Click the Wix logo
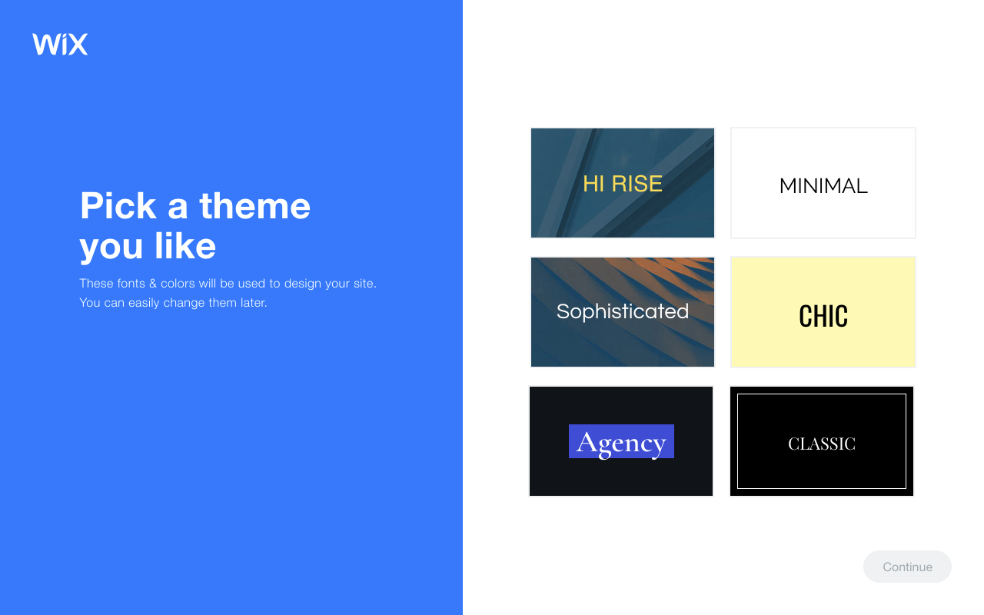[x=60, y=44]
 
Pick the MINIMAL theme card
[x=823, y=184]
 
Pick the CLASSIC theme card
[x=821, y=442]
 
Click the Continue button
[x=907, y=567]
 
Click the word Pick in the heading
[x=118, y=206]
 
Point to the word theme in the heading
[x=254, y=206]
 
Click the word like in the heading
[x=185, y=246]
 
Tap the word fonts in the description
[x=131, y=284]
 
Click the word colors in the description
[x=178, y=284]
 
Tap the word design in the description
[x=302, y=284]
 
